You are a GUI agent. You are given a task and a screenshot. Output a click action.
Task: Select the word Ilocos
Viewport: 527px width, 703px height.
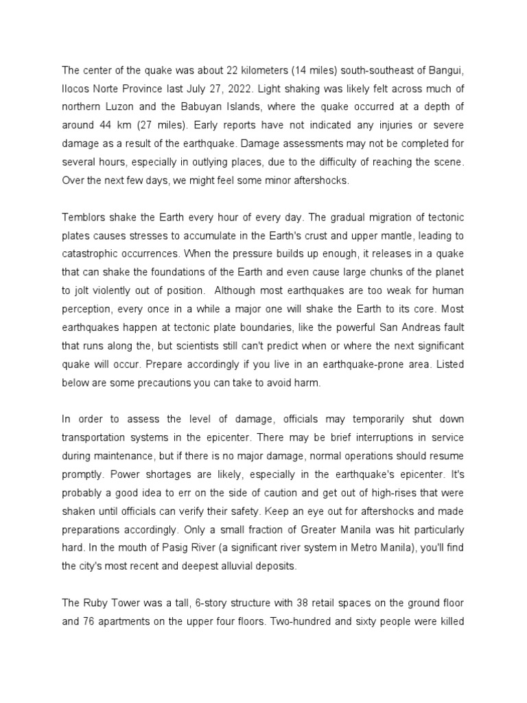(75, 87)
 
